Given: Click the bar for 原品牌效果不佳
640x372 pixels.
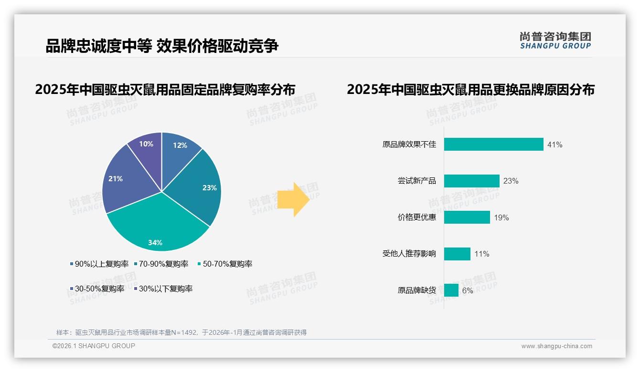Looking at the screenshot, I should point(493,145).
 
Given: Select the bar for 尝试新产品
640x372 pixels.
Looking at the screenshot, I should point(471,181).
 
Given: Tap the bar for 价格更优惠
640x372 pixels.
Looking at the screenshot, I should point(467,217).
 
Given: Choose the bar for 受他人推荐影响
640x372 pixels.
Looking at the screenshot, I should point(457,254).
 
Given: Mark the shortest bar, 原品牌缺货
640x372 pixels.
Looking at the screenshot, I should point(451,290).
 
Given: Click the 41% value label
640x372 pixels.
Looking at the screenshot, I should point(555,145).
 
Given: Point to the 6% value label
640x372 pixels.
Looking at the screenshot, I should point(468,290).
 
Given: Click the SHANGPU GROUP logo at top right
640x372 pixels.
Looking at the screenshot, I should point(555,41).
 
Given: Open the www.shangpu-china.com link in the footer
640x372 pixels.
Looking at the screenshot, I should point(556,346).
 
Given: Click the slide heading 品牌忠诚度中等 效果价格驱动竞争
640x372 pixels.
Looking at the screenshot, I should point(162,46).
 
